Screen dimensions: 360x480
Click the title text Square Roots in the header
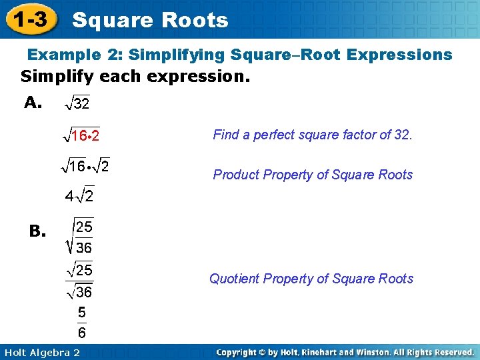coord(150,21)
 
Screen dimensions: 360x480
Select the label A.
coord(33,102)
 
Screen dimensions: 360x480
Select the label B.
coord(37,231)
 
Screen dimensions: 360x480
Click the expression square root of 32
coord(77,103)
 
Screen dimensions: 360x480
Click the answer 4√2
coord(79,196)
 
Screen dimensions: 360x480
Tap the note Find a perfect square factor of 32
coord(313,135)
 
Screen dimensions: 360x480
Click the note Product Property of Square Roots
coord(313,175)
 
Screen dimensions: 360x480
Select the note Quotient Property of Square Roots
coord(311,279)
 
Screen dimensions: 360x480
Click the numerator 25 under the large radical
coord(84,227)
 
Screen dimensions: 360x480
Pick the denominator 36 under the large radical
coord(84,248)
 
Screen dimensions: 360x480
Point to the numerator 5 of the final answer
coord(81,312)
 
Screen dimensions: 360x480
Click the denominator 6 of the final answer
coord(81,332)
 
